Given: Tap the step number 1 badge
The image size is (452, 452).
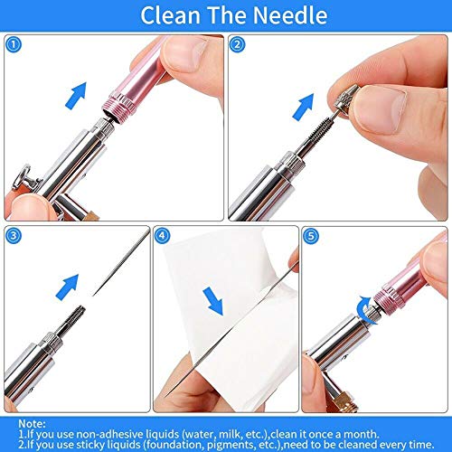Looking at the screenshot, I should point(12,43).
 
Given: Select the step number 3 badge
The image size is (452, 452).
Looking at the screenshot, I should point(12,235).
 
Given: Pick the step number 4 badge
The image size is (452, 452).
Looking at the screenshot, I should point(163,235).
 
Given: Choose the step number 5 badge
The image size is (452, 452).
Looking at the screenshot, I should point(313,235).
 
